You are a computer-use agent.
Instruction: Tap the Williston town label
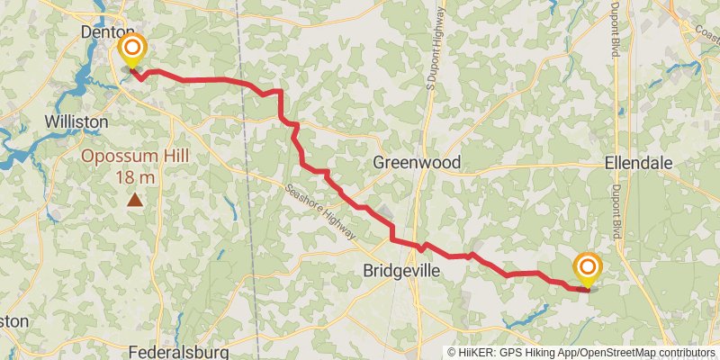[76, 121]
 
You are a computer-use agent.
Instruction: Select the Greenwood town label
[417, 162]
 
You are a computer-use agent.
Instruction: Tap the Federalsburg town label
[178, 351]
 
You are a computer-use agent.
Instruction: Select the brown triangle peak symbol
[135, 200]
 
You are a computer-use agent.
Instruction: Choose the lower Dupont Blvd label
[617, 211]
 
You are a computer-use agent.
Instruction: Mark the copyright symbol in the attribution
[453, 353]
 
